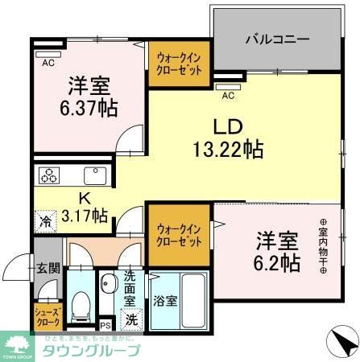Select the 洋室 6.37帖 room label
(88, 94)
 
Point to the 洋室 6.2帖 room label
(279, 250)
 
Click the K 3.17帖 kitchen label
(84, 205)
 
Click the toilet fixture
(80, 305)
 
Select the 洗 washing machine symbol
(131, 319)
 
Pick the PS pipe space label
(106, 326)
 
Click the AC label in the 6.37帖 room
(48, 61)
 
